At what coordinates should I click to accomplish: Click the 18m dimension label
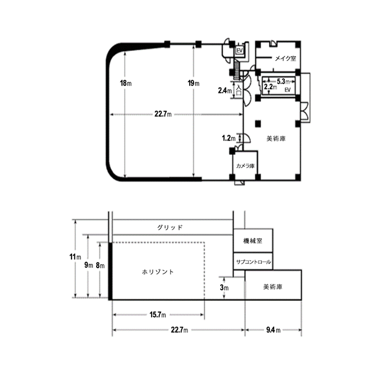(x=126, y=83)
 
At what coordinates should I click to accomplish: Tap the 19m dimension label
(x=193, y=83)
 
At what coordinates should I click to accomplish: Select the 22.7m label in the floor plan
(x=163, y=114)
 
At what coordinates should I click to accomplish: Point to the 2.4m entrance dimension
(x=225, y=90)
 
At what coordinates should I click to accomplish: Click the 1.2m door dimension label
(x=229, y=138)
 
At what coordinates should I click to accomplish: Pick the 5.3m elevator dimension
(x=283, y=82)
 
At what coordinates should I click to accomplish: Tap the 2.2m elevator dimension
(x=270, y=87)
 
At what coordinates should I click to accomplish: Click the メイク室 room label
(x=285, y=58)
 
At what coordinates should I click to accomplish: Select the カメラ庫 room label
(x=245, y=166)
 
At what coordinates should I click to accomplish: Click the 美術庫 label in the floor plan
(x=276, y=138)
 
